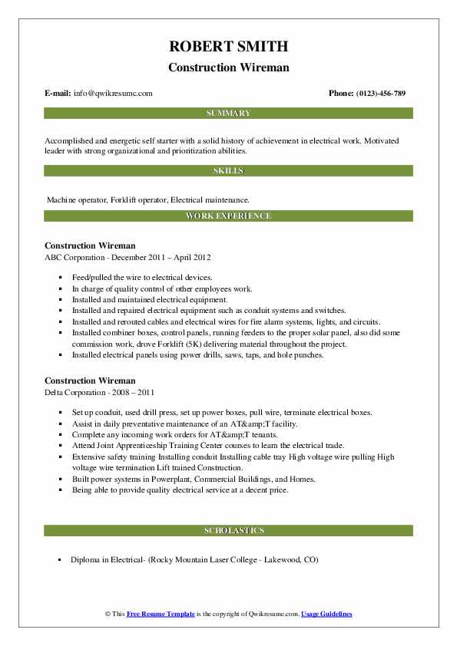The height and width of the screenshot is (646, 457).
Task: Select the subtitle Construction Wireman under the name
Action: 228,68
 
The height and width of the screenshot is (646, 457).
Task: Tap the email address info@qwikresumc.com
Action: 113,94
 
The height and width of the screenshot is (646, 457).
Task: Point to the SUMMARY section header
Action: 228,114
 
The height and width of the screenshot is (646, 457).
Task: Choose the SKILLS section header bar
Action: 228,171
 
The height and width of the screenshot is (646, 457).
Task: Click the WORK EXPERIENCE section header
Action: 228,216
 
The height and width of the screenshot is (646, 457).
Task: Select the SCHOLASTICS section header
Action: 228,530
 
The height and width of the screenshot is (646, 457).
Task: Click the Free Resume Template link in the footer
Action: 161,615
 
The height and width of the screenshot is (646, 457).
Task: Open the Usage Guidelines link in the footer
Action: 326,615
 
